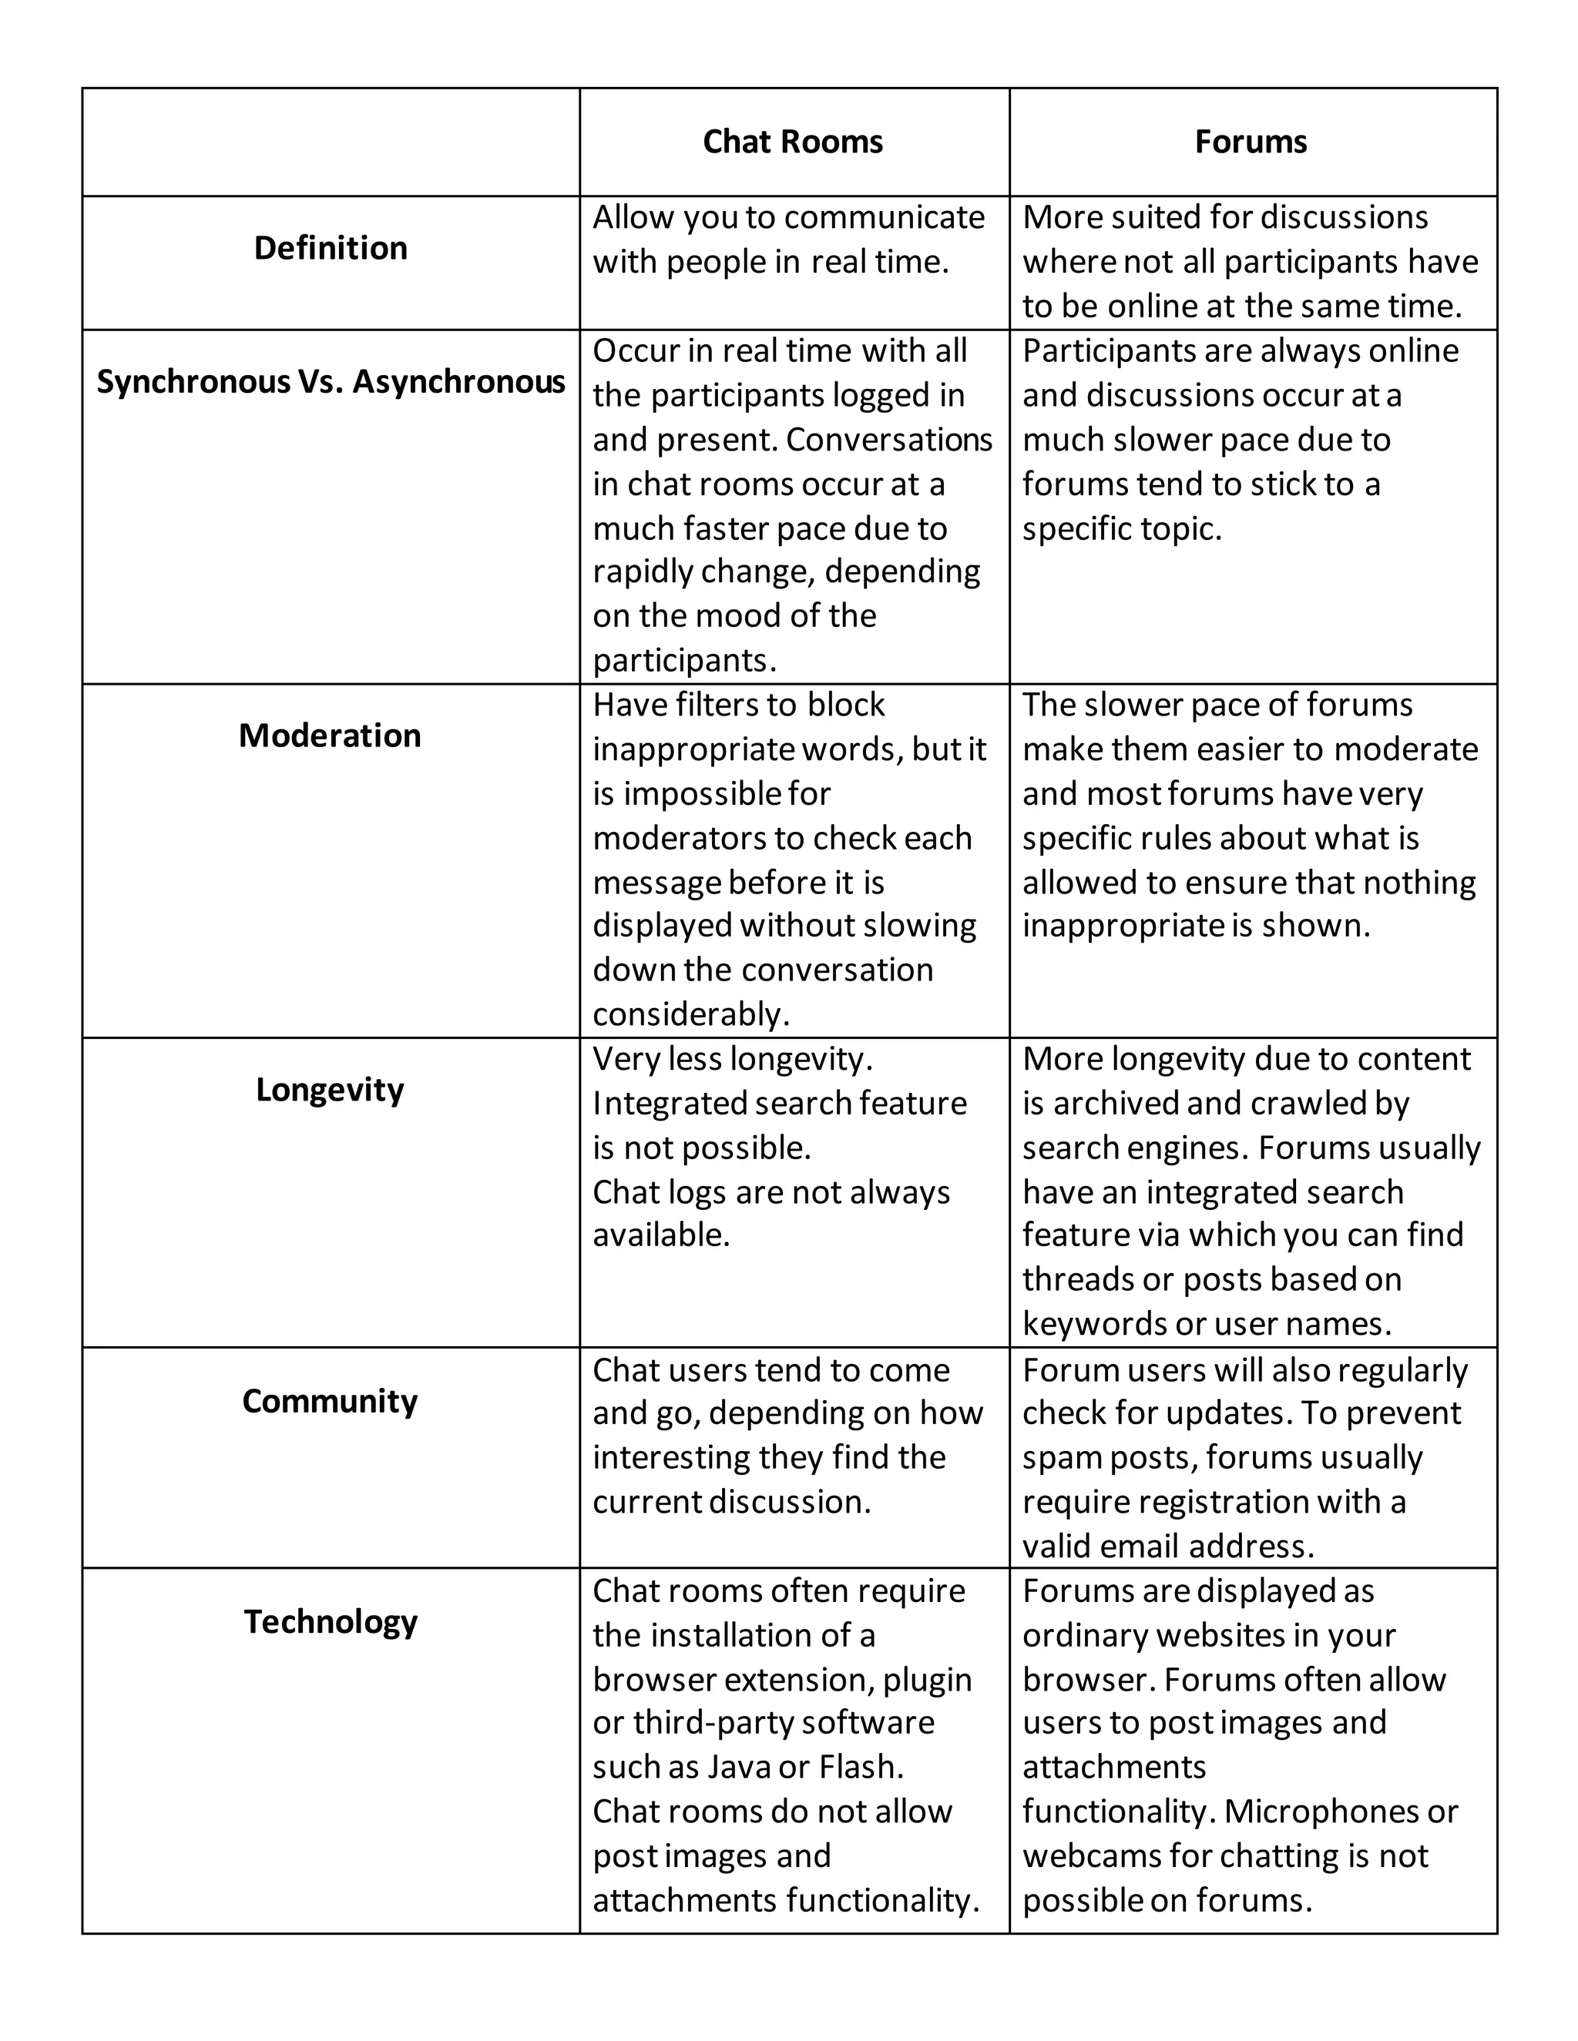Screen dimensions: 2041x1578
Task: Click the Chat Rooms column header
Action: point(792,142)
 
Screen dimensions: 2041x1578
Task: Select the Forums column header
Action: point(1250,142)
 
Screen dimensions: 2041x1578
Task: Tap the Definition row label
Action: point(330,249)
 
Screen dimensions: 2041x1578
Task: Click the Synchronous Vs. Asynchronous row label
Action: point(330,382)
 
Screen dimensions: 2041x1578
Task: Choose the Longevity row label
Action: point(329,1090)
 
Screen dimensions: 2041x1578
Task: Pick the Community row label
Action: point(329,1401)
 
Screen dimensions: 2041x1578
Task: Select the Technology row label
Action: point(330,1621)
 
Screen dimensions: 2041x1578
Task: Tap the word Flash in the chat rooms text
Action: point(860,1767)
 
